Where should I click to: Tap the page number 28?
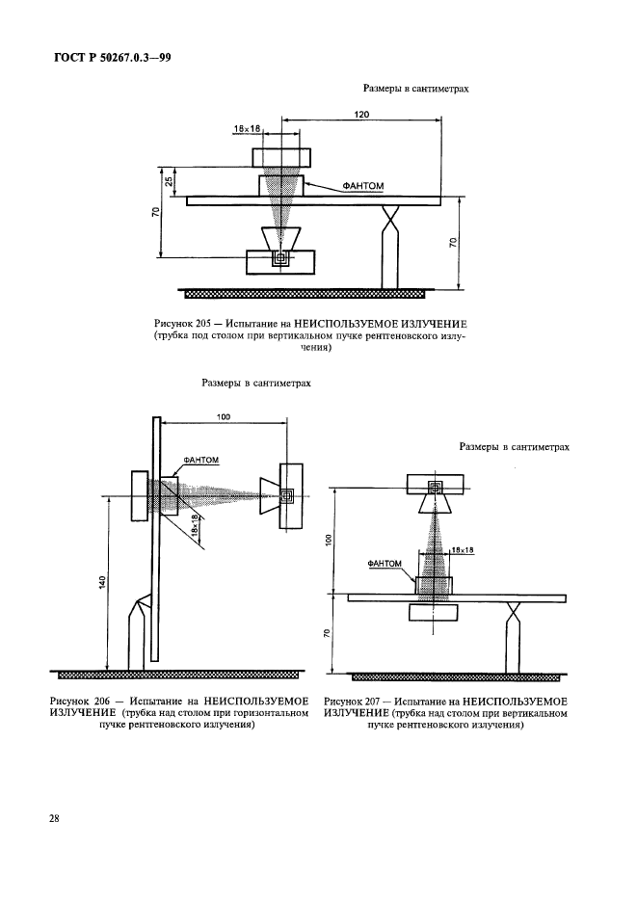pyautogui.click(x=55, y=819)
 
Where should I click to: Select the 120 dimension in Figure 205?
pyautogui.click(x=361, y=113)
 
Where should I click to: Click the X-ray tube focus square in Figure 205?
pyautogui.click(x=281, y=258)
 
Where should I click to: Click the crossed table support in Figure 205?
pyautogui.click(x=392, y=222)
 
